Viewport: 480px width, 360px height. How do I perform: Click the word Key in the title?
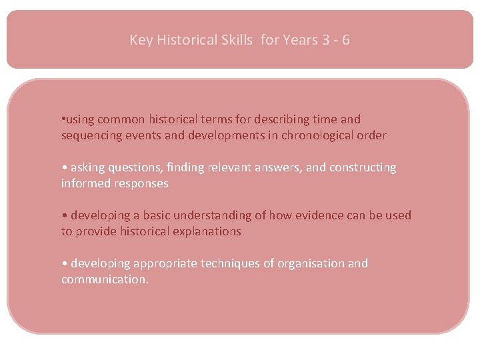click(x=141, y=40)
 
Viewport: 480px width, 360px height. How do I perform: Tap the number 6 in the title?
click(x=345, y=40)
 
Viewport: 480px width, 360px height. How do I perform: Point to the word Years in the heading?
click(x=300, y=40)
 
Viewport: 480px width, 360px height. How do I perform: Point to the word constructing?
click(x=360, y=167)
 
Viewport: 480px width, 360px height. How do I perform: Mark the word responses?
click(x=140, y=183)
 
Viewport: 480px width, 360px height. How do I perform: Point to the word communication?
click(x=105, y=279)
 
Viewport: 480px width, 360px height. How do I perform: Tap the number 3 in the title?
click(x=325, y=40)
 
